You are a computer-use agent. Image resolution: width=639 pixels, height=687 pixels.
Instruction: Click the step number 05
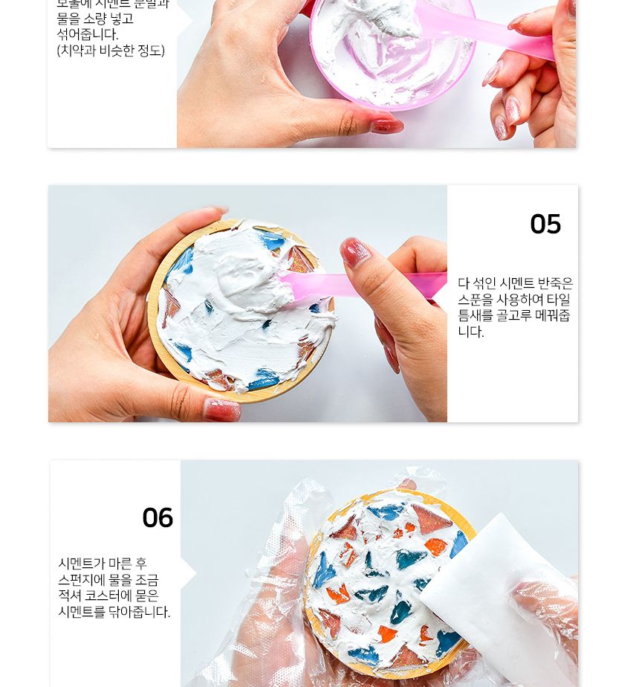(545, 225)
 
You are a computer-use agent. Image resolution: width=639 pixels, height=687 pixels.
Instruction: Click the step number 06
(158, 518)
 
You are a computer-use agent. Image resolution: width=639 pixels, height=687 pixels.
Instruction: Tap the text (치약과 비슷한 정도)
(111, 51)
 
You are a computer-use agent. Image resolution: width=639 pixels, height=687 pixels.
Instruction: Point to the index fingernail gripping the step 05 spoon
(356, 253)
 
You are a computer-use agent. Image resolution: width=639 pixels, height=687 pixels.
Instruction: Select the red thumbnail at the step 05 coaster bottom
(222, 410)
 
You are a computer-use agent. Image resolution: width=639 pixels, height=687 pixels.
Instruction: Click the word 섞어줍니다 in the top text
(88, 34)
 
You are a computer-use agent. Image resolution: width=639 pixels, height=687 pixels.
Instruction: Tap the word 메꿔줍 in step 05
(553, 316)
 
